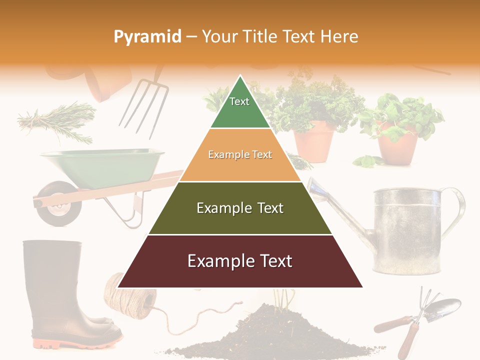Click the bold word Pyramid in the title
pos(147,36)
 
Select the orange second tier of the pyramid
pos(240,155)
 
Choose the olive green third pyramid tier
pos(240,208)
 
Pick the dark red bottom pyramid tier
pos(240,261)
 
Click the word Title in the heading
pos(260,36)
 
